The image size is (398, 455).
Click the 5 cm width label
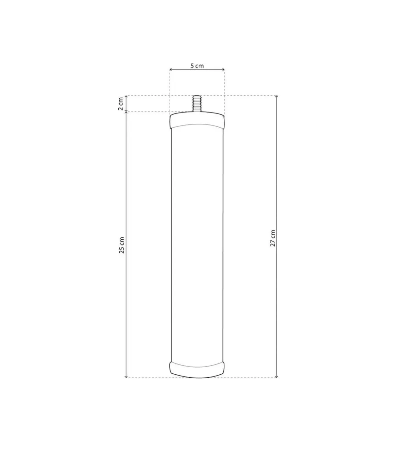pyautogui.click(x=197, y=66)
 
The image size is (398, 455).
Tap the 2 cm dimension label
pyautogui.click(x=120, y=104)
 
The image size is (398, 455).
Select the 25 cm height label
pyautogui.click(x=122, y=245)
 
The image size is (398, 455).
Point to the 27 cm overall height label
pyautogui.click(x=273, y=238)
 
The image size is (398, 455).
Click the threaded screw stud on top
pyautogui.click(x=197, y=104)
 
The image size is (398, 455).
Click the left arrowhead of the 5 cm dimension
pyautogui.click(x=171, y=70)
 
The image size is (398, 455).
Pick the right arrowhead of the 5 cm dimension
pyautogui.click(x=223, y=70)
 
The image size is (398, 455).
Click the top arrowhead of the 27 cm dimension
pyautogui.click(x=277, y=97)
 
